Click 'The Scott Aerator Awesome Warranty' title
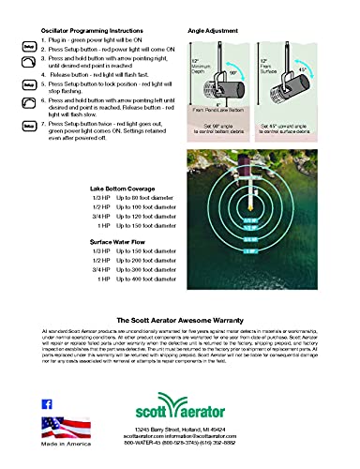pyautogui.click(x=179, y=320)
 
